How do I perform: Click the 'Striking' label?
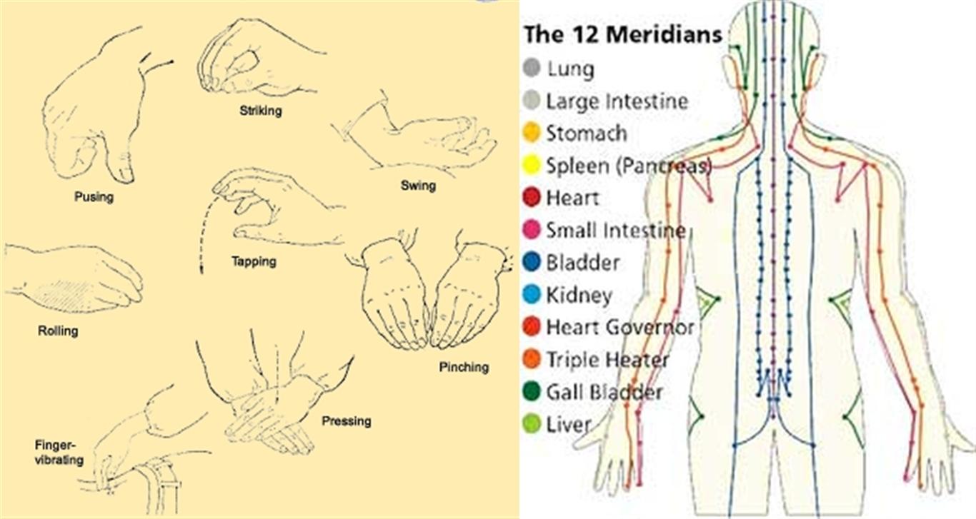[261, 111]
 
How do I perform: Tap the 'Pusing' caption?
[94, 197]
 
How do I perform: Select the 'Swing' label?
[418, 186]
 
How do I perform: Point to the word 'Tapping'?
[254, 262]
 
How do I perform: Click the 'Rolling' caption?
[58, 331]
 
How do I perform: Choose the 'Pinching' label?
[464, 368]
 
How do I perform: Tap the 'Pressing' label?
[347, 421]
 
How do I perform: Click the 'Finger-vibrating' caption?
[59, 453]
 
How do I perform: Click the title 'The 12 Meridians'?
[622, 34]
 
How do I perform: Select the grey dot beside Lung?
[531, 68]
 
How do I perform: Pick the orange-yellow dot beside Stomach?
[531, 132]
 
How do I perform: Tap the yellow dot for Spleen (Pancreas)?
[531, 165]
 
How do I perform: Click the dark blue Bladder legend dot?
[531, 262]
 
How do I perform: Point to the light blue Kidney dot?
[531, 295]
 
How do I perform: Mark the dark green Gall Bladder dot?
[531, 391]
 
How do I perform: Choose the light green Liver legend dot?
[531, 424]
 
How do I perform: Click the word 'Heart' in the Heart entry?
[572, 198]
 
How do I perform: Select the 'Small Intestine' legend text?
[616, 231]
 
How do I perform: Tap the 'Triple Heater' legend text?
[607, 360]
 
